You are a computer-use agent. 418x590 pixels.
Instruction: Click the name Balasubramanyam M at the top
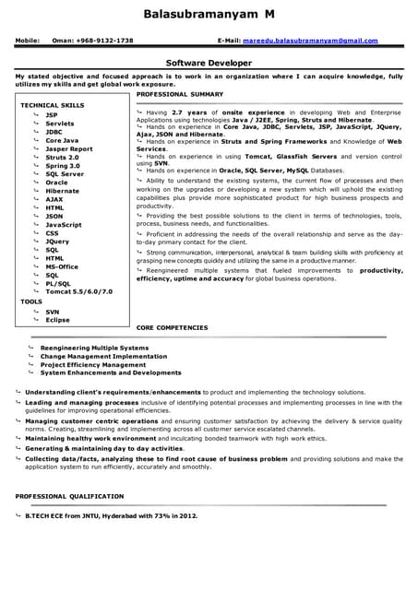coord(209,15)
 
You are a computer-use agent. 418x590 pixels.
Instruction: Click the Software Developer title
coord(209,63)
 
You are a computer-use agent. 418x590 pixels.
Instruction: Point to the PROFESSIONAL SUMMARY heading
coord(180,94)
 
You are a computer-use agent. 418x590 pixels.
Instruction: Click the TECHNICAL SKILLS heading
coord(52,106)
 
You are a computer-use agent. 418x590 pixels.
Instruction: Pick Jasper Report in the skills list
coord(69,148)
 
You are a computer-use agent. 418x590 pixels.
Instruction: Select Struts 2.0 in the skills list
coord(62,158)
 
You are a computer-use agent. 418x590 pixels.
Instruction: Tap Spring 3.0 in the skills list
coord(62,166)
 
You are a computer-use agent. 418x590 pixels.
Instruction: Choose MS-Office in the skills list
coord(62,266)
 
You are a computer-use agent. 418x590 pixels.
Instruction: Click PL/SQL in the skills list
coord(58,284)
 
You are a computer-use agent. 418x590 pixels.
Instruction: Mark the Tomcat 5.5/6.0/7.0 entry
coord(78,292)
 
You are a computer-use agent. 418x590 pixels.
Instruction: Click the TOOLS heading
coord(31,301)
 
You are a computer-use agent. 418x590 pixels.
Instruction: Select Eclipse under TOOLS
coord(57,320)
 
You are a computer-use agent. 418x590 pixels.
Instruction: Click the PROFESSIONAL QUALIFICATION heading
coord(70,497)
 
